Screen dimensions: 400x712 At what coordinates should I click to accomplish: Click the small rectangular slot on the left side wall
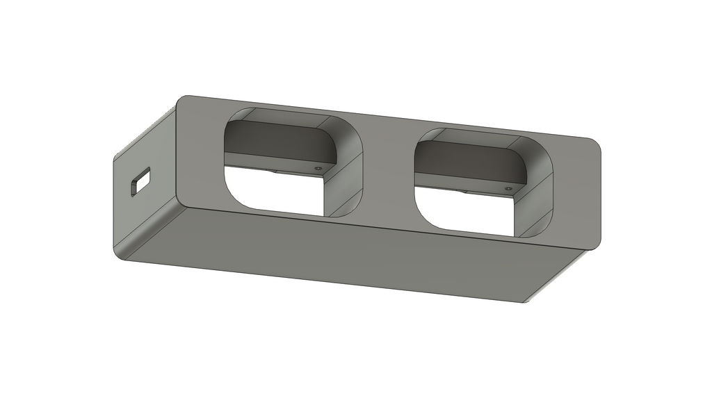coord(140,183)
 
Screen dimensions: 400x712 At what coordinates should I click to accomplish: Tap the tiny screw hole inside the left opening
coord(318,168)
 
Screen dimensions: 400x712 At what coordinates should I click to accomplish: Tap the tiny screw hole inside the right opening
coord(508,188)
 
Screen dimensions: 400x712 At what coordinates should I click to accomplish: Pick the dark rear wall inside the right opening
coord(466,160)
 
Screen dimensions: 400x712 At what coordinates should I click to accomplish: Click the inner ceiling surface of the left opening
coord(285,118)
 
